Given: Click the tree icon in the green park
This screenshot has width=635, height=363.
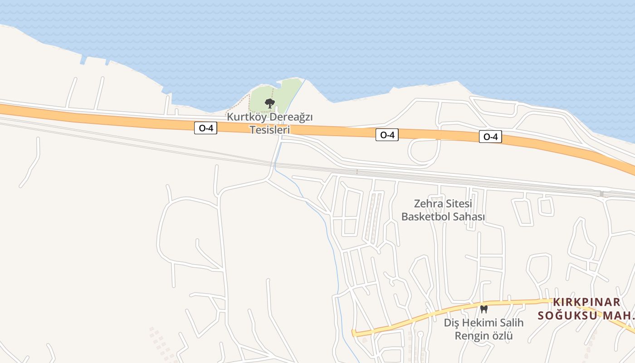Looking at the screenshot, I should (269, 103).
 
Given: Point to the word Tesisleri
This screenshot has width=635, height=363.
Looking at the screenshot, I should (270, 130).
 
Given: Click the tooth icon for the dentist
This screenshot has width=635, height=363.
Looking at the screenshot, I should (484, 309).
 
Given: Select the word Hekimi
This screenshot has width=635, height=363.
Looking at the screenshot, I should (479, 323).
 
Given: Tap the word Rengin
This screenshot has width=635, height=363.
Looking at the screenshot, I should (470, 336).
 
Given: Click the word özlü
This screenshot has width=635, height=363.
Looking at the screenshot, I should (500, 336).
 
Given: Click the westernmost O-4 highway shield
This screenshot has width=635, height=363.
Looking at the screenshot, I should (206, 128).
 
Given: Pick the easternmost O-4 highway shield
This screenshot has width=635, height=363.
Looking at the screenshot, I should (490, 137).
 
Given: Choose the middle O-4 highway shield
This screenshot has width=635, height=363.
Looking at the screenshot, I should (387, 135).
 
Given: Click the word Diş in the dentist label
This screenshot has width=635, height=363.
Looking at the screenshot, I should (452, 323).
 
